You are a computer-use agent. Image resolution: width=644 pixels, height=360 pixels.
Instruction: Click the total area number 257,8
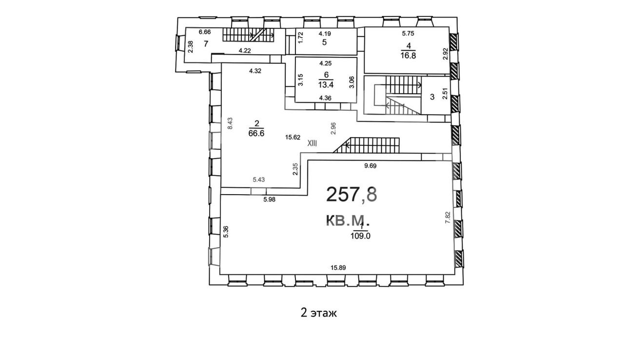point(351,195)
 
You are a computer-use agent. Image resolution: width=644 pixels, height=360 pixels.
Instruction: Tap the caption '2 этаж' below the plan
point(318,313)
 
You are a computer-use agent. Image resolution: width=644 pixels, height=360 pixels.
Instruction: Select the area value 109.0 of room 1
point(360,236)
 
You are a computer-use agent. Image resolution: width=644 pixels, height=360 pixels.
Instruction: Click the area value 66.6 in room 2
point(256,134)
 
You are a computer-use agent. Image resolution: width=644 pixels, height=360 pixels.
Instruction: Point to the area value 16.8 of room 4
point(408,56)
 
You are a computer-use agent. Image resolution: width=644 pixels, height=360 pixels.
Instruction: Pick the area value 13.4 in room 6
point(326,85)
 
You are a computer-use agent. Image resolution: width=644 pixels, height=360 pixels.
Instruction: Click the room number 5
point(324,42)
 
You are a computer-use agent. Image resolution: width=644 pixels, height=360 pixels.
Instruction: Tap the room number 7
point(206,44)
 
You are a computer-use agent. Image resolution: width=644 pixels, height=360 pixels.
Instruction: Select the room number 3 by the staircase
point(432,97)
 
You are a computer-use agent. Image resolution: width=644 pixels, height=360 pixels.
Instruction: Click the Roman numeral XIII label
point(312,143)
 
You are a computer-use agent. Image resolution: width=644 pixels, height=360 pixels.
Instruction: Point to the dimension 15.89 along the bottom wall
point(338,268)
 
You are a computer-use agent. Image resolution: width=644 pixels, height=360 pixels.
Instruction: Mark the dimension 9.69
point(371,166)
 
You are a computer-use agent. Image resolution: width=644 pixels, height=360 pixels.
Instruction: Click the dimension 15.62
point(293,137)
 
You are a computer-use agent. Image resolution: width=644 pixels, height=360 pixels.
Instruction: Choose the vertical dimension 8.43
point(230,123)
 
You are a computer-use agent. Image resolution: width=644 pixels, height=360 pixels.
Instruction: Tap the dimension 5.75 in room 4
point(408,33)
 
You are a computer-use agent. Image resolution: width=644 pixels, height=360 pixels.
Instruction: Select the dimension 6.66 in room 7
point(205,32)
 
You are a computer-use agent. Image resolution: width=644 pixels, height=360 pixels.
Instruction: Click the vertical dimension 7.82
point(448,218)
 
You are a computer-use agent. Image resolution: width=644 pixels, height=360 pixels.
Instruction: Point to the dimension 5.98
point(270,200)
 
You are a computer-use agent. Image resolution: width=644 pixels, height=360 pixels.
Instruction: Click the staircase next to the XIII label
point(367,145)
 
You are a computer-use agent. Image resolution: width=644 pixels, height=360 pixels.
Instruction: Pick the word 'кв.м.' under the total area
point(348,221)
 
